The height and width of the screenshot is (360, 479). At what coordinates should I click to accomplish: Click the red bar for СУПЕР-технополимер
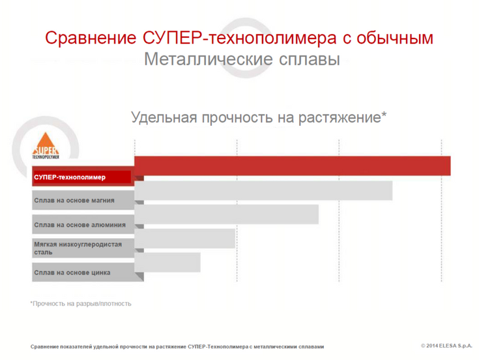(x=293, y=166)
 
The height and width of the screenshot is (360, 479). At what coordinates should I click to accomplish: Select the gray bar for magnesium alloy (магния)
(x=263, y=190)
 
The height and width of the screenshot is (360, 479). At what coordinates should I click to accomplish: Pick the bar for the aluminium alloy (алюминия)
(x=226, y=214)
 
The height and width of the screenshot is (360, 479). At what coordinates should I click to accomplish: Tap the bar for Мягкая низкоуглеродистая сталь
(x=185, y=239)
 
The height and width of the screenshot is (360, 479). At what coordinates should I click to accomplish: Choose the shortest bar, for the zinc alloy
(x=167, y=262)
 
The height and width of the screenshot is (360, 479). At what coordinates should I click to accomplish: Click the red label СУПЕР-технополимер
(x=70, y=177)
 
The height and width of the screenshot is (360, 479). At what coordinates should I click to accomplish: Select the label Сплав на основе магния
(x=74, y=200)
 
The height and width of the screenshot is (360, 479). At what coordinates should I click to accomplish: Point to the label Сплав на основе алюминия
(x=80, y=225)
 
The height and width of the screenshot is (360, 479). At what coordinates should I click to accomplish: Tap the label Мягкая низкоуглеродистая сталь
(x=78, y=248)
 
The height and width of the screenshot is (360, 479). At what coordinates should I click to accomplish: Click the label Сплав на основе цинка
(x=72, y=273)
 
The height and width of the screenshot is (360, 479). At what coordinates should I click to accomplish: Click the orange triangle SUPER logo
(x=46, y=143)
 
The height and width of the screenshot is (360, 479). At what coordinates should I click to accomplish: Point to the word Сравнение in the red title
(x=91, y=38)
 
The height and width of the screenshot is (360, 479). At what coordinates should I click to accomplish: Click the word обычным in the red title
(x=395, y=38)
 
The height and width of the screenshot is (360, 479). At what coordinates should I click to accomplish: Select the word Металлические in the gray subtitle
(x=209, y=59)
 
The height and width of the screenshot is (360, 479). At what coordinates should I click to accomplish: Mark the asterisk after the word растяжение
(x=384, y=115)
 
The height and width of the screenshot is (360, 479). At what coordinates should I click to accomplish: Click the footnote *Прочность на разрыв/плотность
(x=81, y=304)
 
